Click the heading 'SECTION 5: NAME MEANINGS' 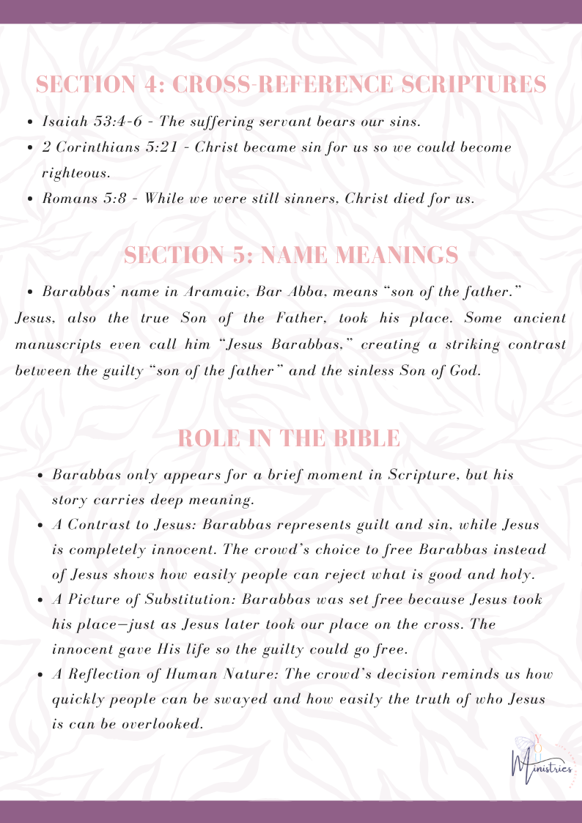tap(291, 255)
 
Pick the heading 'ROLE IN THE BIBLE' tap(289, 438)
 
